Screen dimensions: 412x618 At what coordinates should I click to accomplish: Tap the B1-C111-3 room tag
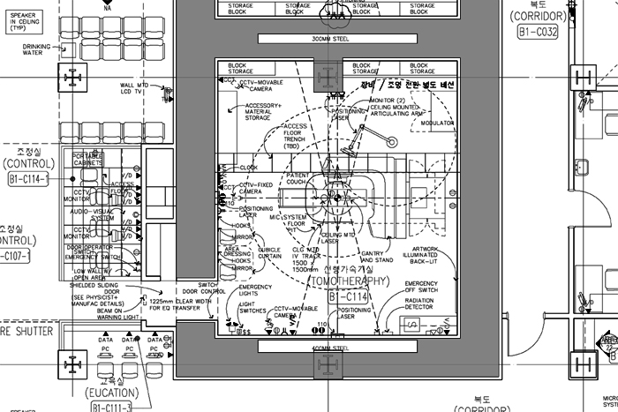pos(111,407)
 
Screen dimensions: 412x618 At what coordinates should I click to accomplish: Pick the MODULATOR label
pos(437,124)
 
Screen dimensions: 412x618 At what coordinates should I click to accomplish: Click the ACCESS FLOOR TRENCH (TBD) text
pos(295,137)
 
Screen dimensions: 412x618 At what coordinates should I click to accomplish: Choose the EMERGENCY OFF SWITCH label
pos(421,288)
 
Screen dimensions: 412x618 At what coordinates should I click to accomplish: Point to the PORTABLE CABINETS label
pos(88,159)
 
